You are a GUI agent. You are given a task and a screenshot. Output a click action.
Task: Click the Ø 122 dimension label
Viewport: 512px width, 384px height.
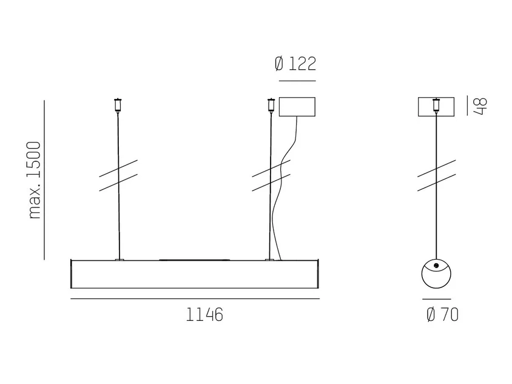(295, 64)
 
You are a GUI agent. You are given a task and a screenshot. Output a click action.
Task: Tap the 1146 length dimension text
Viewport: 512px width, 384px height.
(204, 315)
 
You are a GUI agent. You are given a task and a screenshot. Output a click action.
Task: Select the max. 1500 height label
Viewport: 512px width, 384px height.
(35, 180)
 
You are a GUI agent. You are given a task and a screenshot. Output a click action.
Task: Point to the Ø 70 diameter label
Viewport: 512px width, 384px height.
(442, 315)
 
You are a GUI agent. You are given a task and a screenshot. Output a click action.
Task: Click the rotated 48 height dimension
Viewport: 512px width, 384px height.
(480, 106)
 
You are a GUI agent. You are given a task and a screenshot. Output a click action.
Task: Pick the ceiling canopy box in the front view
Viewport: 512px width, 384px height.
(297, 107)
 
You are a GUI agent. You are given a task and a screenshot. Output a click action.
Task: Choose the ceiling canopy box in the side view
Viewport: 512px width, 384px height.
(436, 107)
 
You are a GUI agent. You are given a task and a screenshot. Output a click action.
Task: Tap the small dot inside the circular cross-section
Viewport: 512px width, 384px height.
(436, 266)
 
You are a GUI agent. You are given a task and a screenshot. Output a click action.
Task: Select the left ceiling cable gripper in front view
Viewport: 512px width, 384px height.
(118, 106)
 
